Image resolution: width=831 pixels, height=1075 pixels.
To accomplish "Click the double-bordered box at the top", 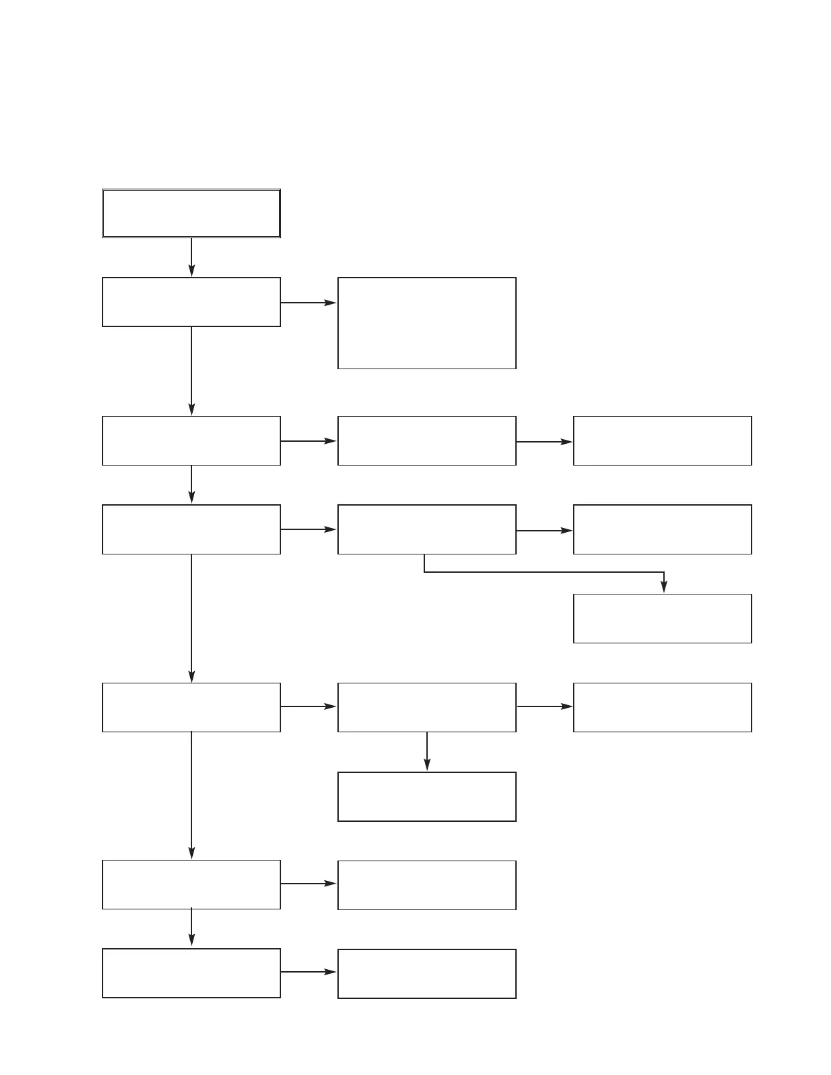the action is tap(191, 213).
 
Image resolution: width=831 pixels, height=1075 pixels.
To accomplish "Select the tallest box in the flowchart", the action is tap(426, 323).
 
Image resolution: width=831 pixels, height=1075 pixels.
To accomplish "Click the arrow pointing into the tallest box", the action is tap(309, 303).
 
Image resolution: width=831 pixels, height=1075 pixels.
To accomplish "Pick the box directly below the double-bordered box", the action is tap(191, 302).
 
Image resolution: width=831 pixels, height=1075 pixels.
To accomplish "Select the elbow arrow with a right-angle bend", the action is tap(543, 572).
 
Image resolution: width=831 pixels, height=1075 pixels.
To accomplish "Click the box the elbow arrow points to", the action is tap(662, 618).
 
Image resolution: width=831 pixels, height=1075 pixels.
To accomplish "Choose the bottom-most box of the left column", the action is tap(191, 973).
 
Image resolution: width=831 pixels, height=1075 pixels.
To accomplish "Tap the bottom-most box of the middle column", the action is tap(426, 974).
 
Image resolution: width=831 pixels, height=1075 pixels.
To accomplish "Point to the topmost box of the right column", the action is tap(662, 440).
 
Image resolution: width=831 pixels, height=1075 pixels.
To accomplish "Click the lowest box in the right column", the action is tap(662, 707).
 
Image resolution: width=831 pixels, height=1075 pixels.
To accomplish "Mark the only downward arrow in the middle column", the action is tap(427, 751).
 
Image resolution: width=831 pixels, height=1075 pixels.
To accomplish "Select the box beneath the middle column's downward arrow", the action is tap(426, 797).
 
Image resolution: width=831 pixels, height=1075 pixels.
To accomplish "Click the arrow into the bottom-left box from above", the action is tap(191, 928).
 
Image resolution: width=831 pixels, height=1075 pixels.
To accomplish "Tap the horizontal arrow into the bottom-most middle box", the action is tap(309, 972).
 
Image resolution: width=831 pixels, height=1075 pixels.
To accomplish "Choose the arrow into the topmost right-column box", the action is tap(544, 442).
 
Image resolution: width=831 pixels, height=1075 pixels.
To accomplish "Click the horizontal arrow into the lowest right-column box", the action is tap(544, 706).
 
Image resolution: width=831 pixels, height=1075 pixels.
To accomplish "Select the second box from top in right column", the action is tap(662, 529).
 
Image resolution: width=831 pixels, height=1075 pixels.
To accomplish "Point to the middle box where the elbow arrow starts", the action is tap(426, 529).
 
